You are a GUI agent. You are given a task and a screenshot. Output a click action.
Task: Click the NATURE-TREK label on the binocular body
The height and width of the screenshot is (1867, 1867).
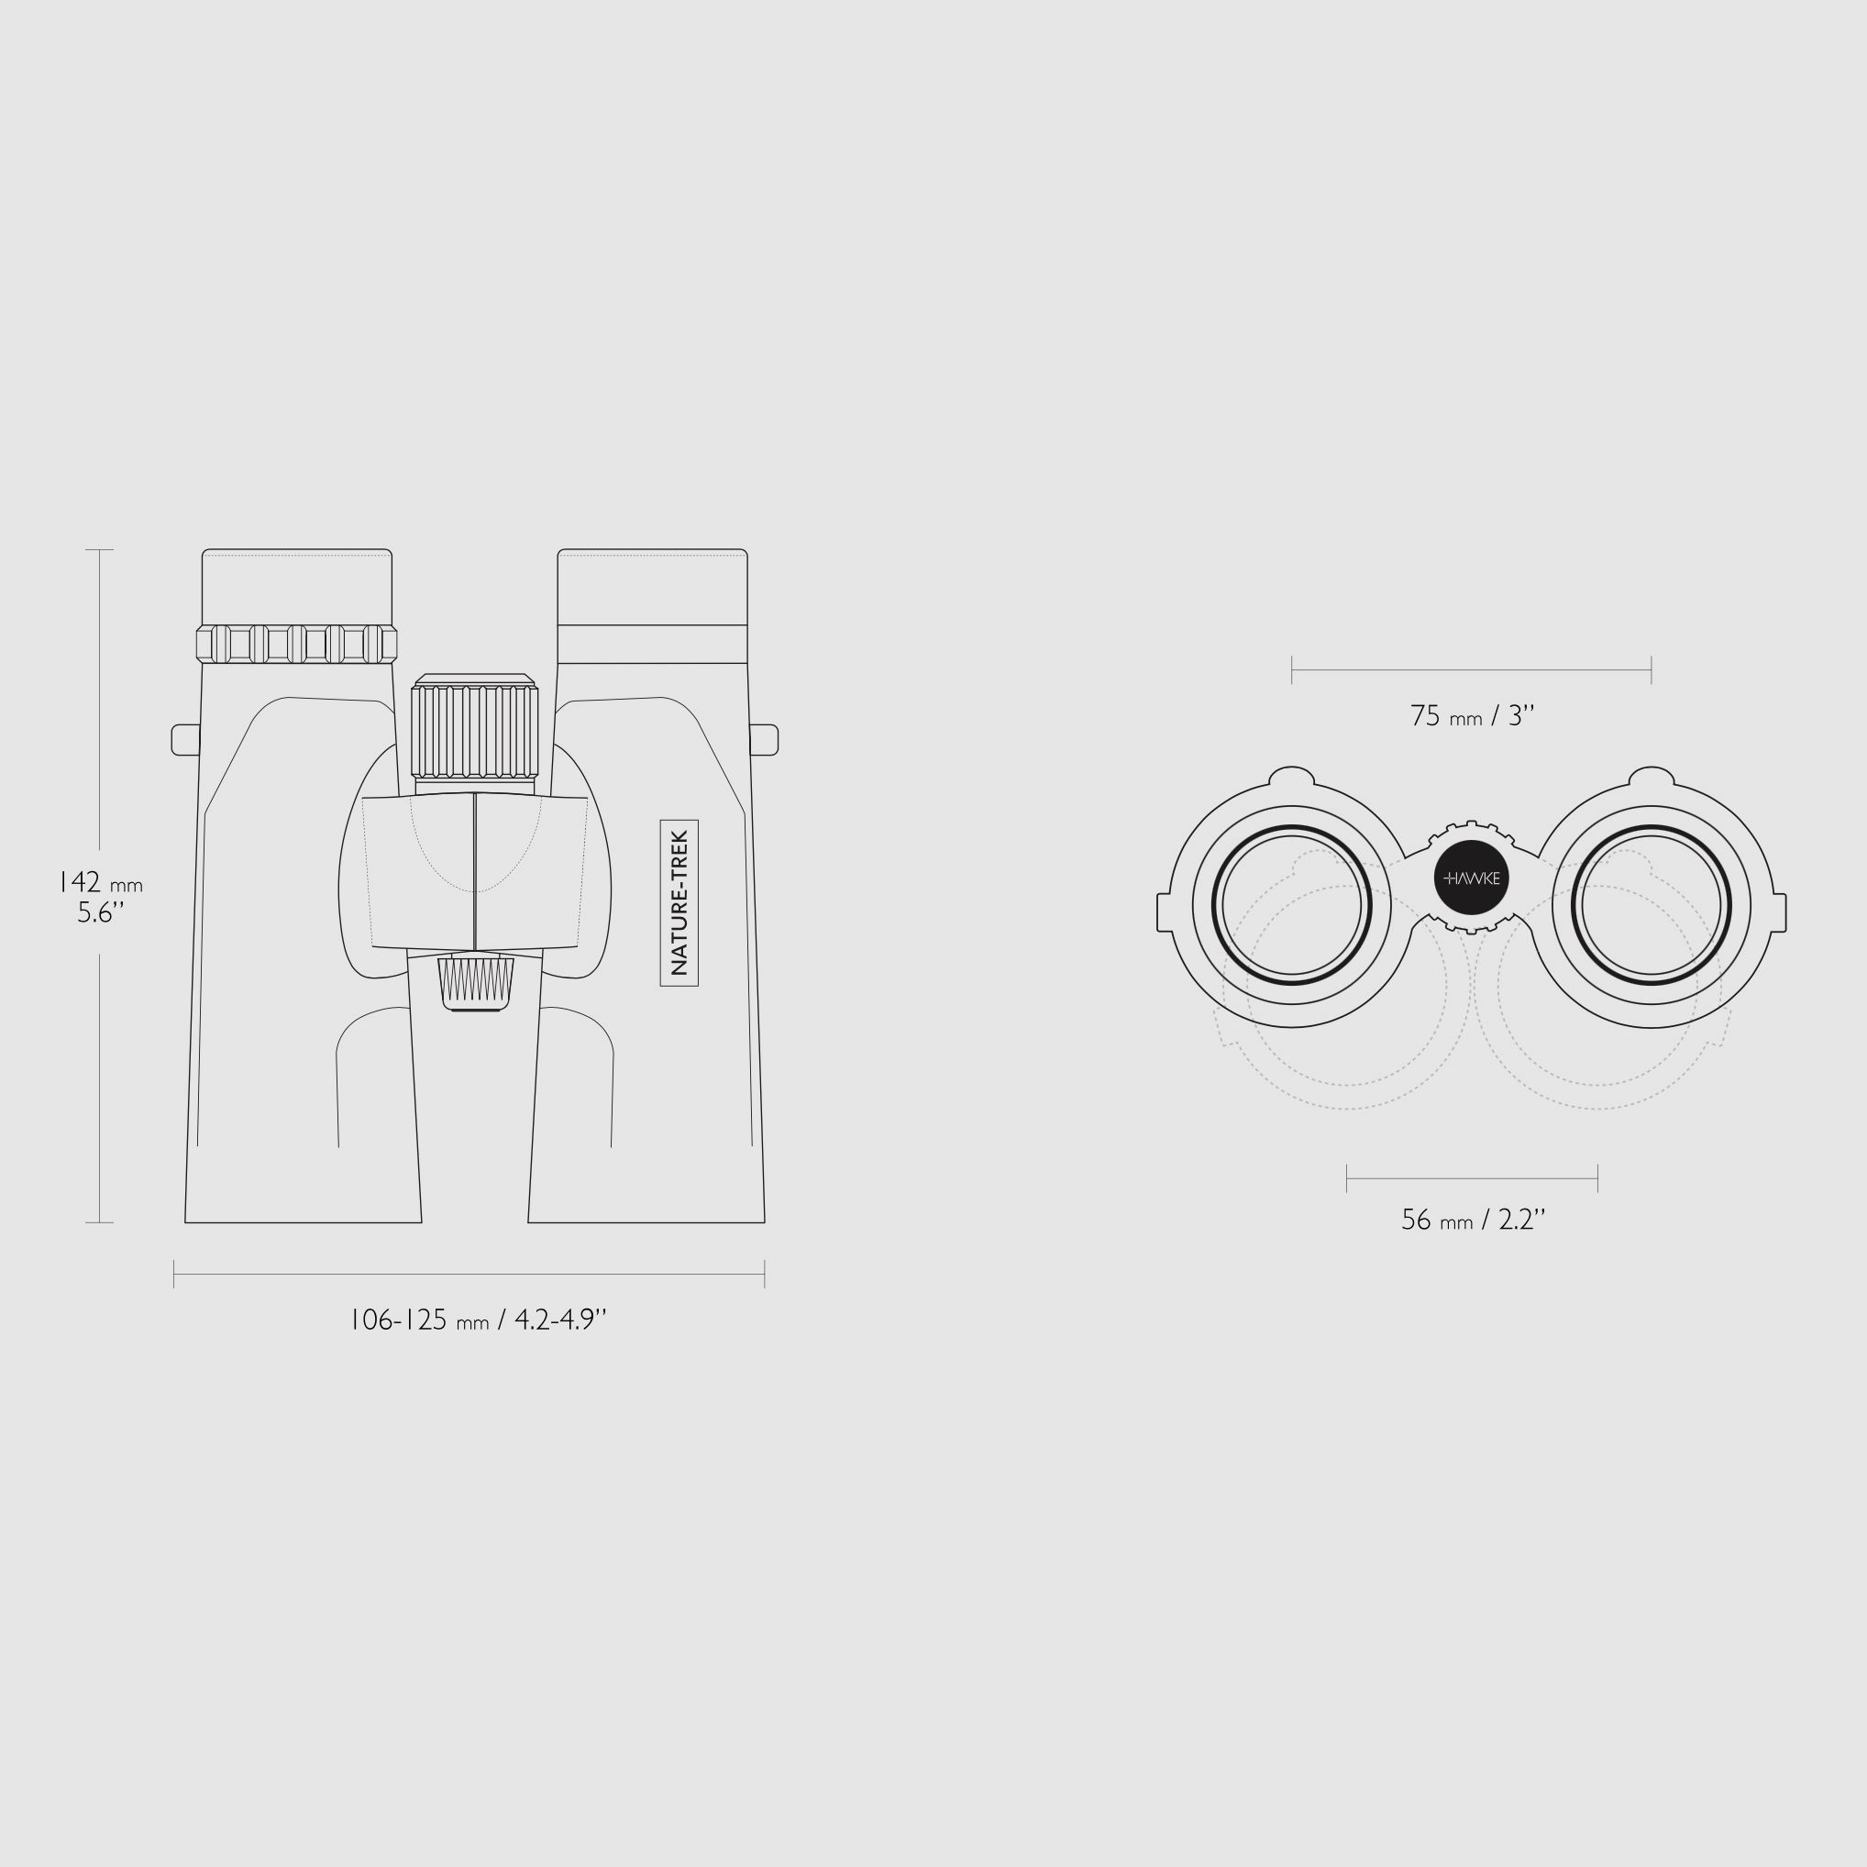click(x=679, y=902)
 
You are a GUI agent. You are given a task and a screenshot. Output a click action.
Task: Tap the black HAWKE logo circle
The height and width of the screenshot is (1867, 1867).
click(x=1472, y=878)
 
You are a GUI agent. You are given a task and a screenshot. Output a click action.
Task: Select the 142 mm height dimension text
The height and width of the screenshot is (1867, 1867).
click(x=101, y=882)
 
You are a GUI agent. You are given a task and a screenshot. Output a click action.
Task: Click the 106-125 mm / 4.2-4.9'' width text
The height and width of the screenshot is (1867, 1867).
click(x=478, y=1320)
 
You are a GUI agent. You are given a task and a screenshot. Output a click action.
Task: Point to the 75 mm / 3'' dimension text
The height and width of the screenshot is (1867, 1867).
click(x=1473, y=716)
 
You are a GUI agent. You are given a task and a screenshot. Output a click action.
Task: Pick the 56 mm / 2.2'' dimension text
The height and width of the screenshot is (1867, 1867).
click(x=1474, y=1221)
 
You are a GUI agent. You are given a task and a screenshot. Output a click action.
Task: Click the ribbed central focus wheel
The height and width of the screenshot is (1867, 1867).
click(x=474, y=730)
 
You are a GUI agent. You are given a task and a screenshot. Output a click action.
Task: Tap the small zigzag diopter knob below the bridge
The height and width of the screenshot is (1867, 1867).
click(x=475, y=984)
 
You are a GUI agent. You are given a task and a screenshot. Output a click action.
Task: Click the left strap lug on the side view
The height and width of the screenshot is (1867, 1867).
click(x=185, y=739)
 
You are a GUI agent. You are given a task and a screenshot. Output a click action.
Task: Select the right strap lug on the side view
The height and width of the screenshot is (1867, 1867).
click(x=764, y=739)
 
